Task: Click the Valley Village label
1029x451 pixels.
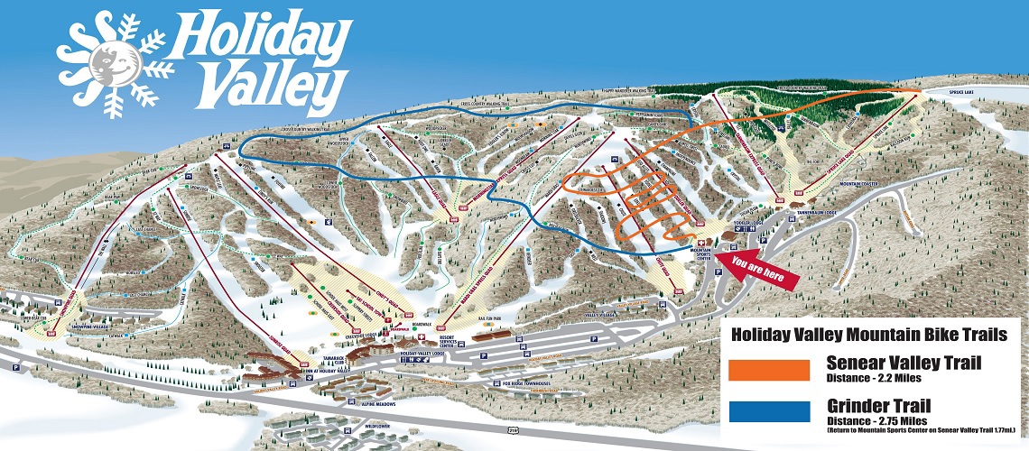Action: (606, 315)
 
